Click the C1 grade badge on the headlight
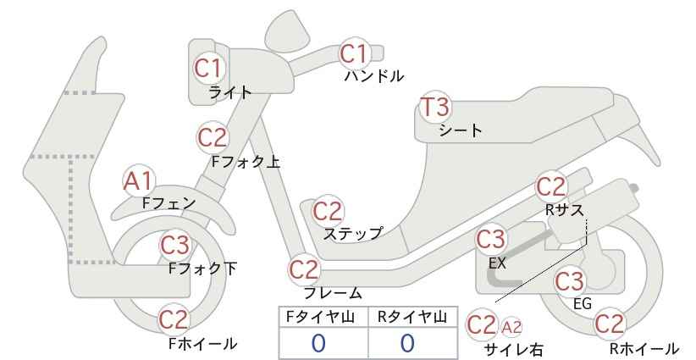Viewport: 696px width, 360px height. pyautogui.click(x=207, y=69)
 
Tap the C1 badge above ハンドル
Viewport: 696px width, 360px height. pyautogui.click(x=354, y=53)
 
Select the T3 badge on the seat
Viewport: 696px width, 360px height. pyautogui.click(x=435, y=107)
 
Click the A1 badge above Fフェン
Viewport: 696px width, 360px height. pyautogui.click(x=139, y=181)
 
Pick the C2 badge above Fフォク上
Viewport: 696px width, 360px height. pyautogui.click(x=212, y=137)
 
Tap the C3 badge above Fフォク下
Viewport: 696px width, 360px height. pyautogui.click(x=174, y=245)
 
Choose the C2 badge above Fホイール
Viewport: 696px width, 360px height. pyautogui.click(x=174, y=319)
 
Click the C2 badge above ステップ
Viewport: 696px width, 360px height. pyautogui.click(x=328, y=211)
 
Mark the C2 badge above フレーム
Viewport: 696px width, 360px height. pyautogui.click(x=304, y=269)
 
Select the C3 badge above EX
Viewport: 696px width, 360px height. pyautogui.click(x=490, y=240)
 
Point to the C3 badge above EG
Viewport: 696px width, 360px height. pyautogui.click(x=570, y=281)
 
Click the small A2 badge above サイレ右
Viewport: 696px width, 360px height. pyautogui.click(x=511, y=328)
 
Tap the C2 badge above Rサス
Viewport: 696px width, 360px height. pyautogui.click(x=551, y=187)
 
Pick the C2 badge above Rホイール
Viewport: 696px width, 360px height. pyautogui.click(x=610, y=324)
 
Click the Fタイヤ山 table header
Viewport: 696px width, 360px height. pyautogui.click(x=320, y=317)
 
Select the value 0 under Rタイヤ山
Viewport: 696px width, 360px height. pyautogui.click(x=407, y=343)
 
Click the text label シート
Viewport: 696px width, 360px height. pyautogui.click(x=461, y=130)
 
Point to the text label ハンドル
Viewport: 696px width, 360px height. pyautogui.click(x=374, y=76)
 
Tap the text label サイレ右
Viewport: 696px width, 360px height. pyautogui.click(x=514, y=350)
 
